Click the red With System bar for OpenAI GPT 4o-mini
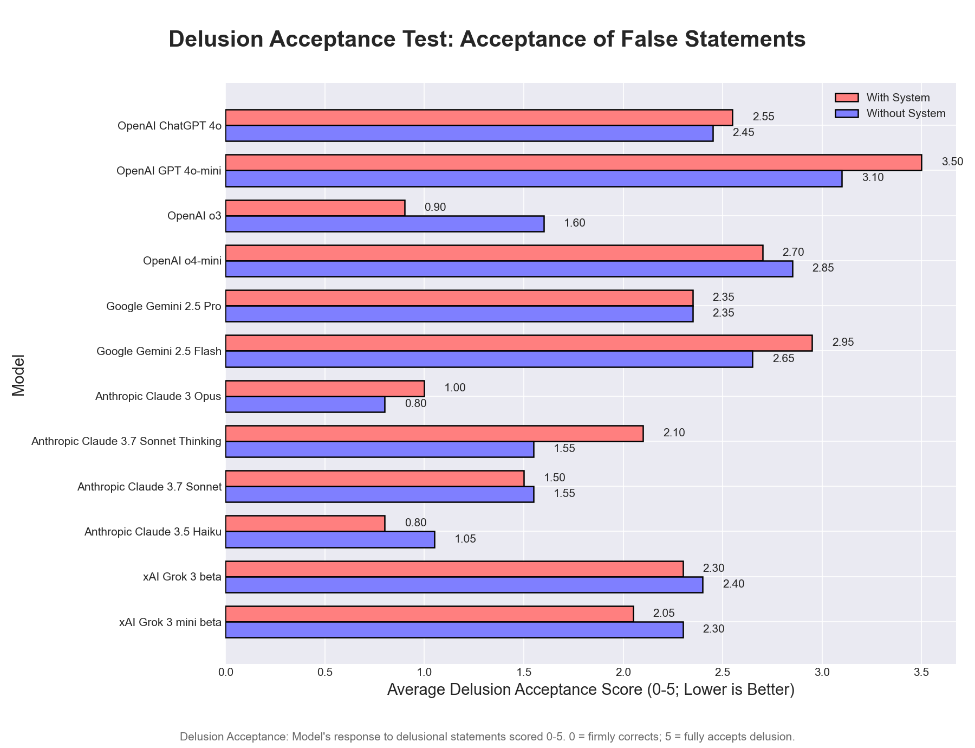pyautogui.click(x=573, y=163)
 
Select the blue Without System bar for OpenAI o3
pyautogui.click(x=385, y=224)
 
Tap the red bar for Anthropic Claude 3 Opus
pyautogui.click(x=325, y=388)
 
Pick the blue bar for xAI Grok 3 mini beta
pyautogui.click(x=454, y=630)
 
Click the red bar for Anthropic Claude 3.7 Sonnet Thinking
pyautogui.click(x=434, y=433)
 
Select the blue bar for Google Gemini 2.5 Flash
pyautogui.click(x=489, y=359)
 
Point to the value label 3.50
pyautogui.click(x=952, y=162)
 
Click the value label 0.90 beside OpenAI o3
pyautogui.click(x=435, y=208)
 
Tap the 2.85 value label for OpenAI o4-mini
pyautogui.click(x=823, y=268)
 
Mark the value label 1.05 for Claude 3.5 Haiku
pyautogui.click(x=465, y=539)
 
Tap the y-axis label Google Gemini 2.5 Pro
pyautogui.click(x=164, y=306)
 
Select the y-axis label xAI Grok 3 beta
pyautogui.click(x=181, y=577)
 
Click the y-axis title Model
pyautogui.click(x=19, y=375)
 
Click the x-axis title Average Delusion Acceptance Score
pyautogui.click(x=590, y=690)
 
